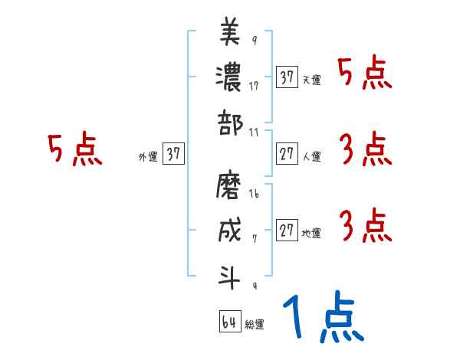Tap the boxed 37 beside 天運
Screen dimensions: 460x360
coord(287,77)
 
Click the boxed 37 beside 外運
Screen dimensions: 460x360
coord(173,154)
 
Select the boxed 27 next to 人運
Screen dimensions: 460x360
coord(287,154)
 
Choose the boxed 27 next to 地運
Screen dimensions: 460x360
coord(287,231)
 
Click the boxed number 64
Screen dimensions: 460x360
coord(229,322)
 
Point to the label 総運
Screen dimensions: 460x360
coord(255,325)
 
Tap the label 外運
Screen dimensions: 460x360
coord(148,156)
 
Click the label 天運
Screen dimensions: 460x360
coord(311,80)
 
